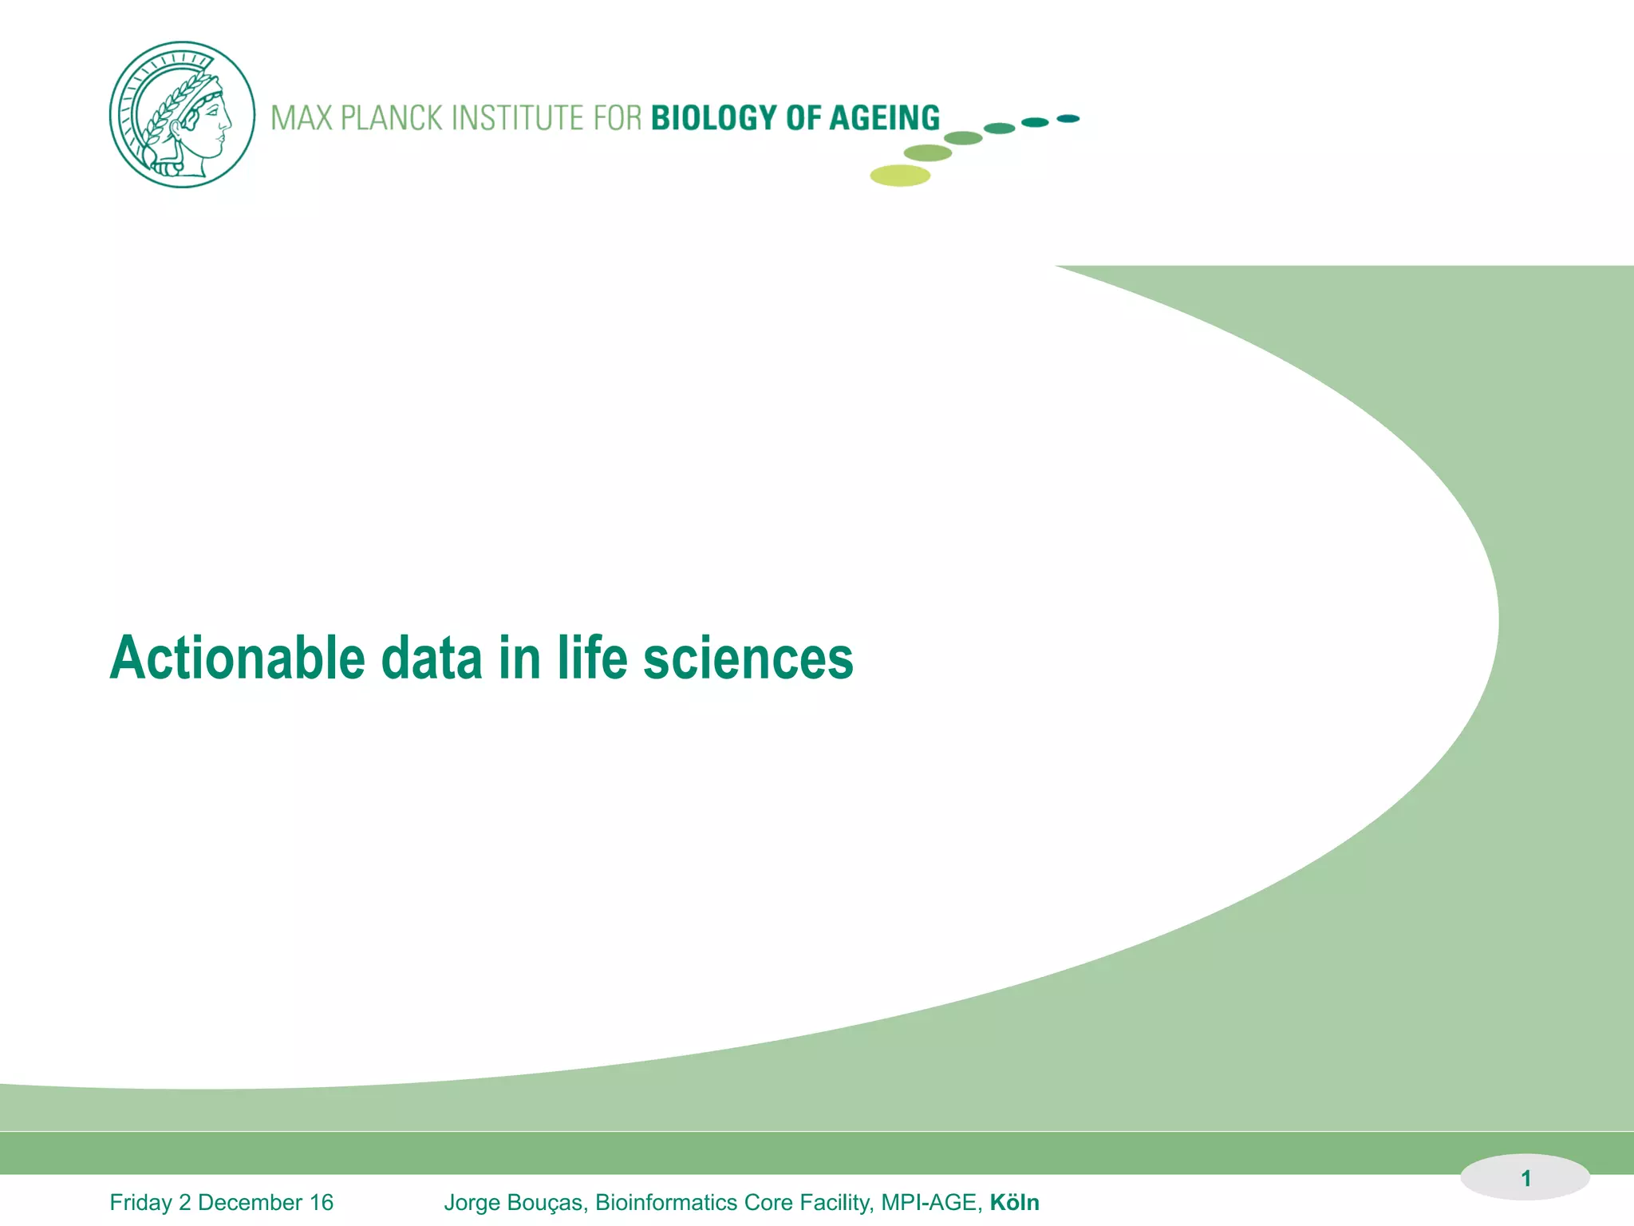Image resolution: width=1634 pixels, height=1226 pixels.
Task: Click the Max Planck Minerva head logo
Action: point(182,115)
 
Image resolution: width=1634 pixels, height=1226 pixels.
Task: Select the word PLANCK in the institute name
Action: point(391,118)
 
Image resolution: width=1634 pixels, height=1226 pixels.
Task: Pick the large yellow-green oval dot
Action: point(900,176)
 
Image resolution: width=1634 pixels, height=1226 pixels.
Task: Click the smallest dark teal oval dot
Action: point(1068,119)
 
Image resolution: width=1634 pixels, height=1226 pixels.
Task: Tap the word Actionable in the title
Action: point(237,658)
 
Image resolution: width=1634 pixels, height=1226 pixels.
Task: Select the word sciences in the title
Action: point(748,658)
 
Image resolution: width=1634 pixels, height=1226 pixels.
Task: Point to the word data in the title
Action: point(432,658)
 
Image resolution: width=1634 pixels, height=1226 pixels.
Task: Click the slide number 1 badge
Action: point(1525,1178)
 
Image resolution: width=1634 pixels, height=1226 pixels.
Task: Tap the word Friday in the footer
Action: point(140,1203)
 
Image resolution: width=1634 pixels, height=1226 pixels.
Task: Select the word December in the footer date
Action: point(250,1203)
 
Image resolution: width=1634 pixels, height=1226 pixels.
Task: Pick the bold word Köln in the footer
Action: point(1014,1203)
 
